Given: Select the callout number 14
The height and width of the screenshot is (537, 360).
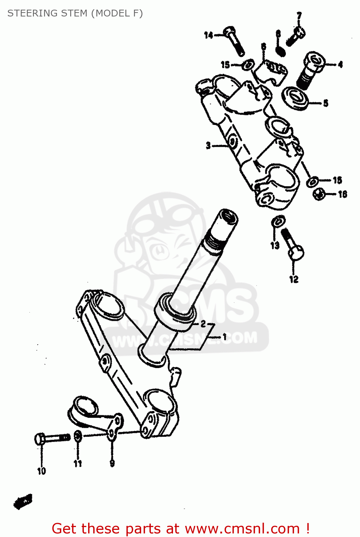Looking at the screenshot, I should tap(208, 35).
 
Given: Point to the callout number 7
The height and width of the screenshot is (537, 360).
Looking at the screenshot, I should tap(299, 16).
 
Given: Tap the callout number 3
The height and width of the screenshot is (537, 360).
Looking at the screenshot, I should tap(208, 145).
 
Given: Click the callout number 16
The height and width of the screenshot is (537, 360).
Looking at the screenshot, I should tap(342, 194).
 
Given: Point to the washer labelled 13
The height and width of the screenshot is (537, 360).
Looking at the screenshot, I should tap(278, 221).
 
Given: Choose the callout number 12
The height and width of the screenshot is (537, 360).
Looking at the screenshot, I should tap(294, 279).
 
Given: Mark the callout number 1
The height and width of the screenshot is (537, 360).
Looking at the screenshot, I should tap(225, 337).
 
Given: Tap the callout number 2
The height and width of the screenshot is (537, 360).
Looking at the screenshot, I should tap(203, 324).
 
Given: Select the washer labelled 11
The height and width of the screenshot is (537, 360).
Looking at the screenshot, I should tap(78, 436).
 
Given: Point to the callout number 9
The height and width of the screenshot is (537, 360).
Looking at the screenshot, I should tap(112, 464).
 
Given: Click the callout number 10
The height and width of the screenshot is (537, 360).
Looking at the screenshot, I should tap(42, 471).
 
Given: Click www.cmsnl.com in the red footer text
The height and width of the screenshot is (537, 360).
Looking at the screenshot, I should tap(242, 528).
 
